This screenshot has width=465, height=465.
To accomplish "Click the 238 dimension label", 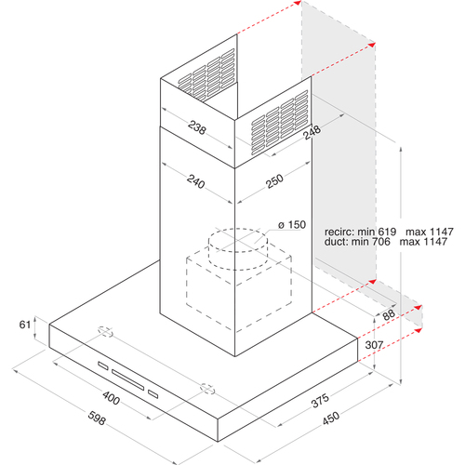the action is point(196,126).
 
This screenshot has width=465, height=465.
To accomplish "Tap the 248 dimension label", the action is point(312,132).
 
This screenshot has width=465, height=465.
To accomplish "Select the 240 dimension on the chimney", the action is point(196,181).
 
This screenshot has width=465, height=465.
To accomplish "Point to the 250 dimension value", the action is point(274,181).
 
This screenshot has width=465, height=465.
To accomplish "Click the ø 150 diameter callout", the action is point(292,224).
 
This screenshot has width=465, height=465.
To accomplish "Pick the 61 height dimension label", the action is point(25,325).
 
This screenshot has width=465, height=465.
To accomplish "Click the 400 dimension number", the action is point(111,397).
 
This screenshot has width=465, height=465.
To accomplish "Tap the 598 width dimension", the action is point(97,418).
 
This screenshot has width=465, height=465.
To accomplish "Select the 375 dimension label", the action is point(320,401).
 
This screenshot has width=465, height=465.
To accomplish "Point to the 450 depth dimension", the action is point(331,418).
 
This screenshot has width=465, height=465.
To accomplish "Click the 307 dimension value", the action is point(374,345).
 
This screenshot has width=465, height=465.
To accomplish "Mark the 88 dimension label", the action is point(389,315).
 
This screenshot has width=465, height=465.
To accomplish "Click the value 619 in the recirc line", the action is point(387,232).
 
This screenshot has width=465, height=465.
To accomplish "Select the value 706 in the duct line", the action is point(381,241).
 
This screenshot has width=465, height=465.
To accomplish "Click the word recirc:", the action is point(339,232).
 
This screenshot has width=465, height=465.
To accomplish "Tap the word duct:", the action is point(336,241).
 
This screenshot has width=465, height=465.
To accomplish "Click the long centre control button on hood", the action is point(128,379).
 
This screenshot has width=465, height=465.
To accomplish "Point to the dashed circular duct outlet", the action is point(238,249).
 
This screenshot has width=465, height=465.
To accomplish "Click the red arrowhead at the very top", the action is point(298,3).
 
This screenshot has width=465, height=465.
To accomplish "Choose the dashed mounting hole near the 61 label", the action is point(105,332).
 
